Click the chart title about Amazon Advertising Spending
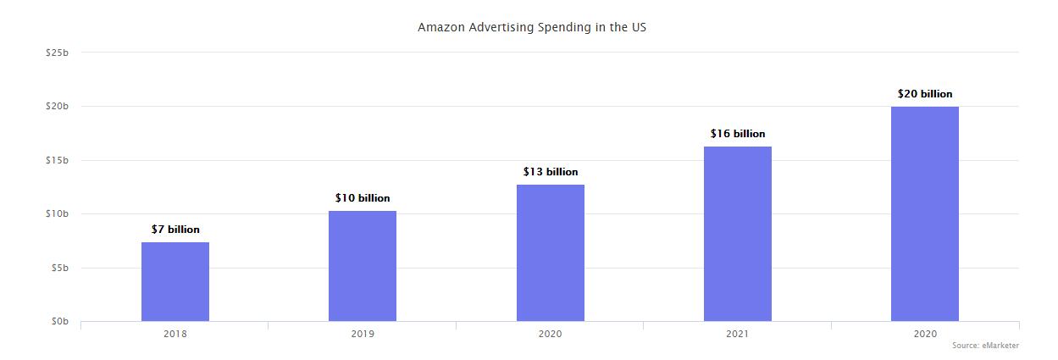tap(532, 27)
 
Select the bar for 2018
tap(175, 282)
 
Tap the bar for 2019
tap(363, 266)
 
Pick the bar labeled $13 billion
tap(551, 253)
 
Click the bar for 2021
tap(738, 234)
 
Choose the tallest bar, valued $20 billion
tap(925, 213)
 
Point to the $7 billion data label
tap(175, 230)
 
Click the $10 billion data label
tap(363, 198)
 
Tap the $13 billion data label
tap(551, 172)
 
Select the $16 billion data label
tap(738, 134)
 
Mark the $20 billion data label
tap(925, 94)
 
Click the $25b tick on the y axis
tap(57, 53)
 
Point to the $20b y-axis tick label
tap(57, 106)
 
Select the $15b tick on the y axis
tap(57, 160)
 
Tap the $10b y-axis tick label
tap(57, 213)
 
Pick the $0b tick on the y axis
tap(58, 322)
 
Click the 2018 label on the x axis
tap(175, 334)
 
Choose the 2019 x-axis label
tap(363, 334)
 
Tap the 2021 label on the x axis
tap(738, 334)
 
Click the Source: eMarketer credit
tap(985, 346)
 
